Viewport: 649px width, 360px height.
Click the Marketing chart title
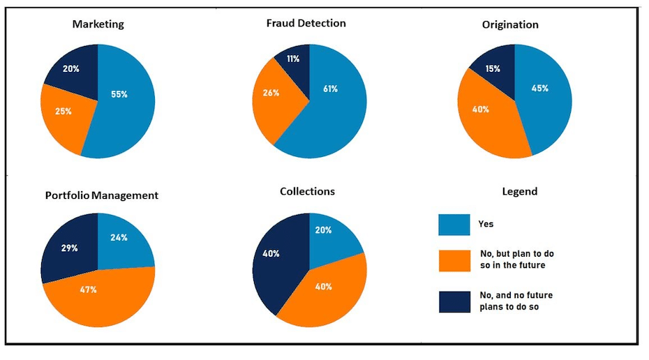pos(98,24)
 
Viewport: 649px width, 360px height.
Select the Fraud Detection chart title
pos(306,23)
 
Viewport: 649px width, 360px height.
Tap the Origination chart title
pos(510,24)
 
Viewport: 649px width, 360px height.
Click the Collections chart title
pos(307,191)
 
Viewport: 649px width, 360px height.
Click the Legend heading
pos(520,192)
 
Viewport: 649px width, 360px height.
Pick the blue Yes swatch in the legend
pos(454,225)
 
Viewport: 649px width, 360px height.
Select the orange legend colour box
pos(454,260)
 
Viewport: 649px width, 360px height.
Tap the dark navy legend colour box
pos(454,301)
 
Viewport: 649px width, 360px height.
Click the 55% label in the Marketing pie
pos(119,93)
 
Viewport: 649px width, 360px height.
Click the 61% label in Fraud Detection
pos(330,89)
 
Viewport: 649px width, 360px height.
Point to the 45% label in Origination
pos(539,89)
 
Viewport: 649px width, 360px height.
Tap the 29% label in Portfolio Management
pos(68,248)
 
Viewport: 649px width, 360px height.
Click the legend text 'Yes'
pos(486,224)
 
